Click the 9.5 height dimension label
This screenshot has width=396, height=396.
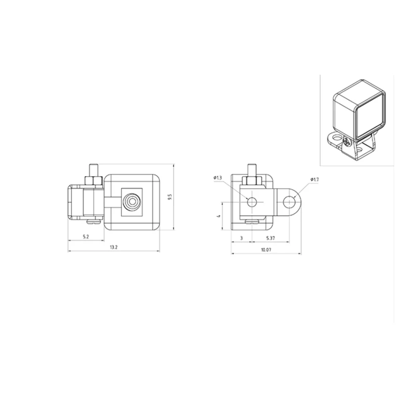[170, 197]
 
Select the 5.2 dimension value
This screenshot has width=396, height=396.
[86, 237]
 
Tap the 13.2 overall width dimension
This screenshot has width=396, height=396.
[113, 247]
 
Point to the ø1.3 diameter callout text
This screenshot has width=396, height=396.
[218, 177]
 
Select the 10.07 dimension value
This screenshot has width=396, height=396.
[266, 249]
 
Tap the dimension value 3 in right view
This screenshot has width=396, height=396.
[241, 238]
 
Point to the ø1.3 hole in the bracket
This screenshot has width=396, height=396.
[252, 202]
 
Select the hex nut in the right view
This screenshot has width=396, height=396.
[251, 180]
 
